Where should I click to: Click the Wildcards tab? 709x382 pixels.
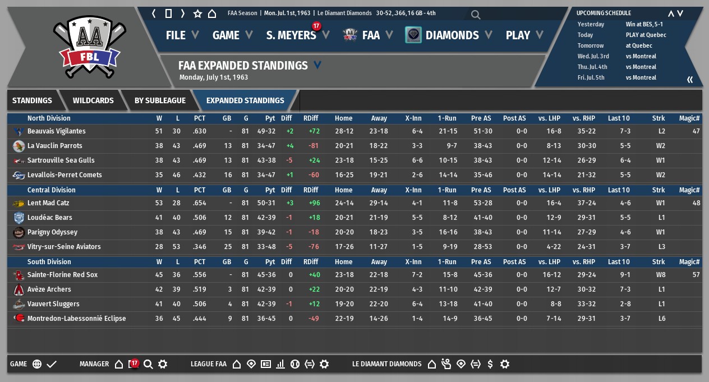click(x=93, y=100)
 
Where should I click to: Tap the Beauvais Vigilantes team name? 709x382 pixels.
click(x=57, y=131)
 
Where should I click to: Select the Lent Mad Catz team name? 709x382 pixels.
click(x=48, y=203)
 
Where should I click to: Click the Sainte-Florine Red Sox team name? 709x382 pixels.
click(x=62, y=275)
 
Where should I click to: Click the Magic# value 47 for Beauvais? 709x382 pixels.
click(x=696, y=131)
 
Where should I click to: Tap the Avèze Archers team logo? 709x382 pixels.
click(x=19, y=289)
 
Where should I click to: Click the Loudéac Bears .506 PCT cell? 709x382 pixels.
click(x=199, y=218)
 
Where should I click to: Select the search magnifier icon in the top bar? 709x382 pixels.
click(x=476, y=15)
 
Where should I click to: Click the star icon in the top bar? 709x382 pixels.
click(x=197, y=13)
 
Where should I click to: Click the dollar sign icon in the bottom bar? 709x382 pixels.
click(x=490, y=364)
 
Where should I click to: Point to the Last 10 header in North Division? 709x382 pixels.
click(x=618, y=118)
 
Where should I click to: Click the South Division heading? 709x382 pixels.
click(x=49, y=262)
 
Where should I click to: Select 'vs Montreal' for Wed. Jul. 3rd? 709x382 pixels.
click(x=641, y=56)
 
